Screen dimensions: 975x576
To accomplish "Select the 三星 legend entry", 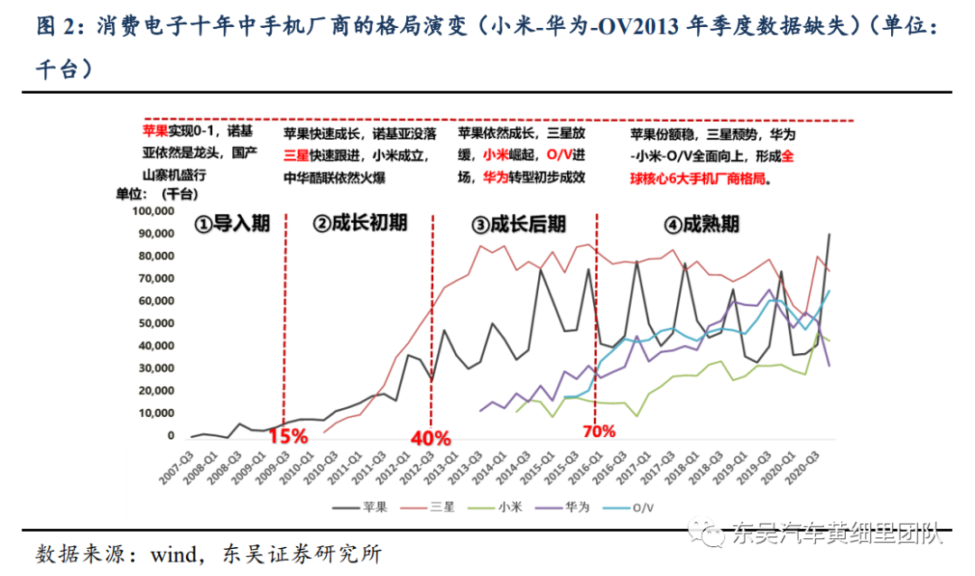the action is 428,507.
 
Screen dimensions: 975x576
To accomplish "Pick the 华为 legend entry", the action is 562,507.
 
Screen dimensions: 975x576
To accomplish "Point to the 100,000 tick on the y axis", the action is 153,211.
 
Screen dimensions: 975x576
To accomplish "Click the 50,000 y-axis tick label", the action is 156,323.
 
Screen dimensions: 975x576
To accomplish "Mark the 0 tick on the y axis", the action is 171,436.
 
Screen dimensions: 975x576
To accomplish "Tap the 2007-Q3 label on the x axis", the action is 177,469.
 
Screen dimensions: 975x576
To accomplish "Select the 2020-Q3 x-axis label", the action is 803,469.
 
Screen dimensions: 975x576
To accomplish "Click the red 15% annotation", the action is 288,436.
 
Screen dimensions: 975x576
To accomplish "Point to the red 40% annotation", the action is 431,439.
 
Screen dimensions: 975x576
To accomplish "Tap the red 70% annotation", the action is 599,431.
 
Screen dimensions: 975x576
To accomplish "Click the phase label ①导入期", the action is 232,223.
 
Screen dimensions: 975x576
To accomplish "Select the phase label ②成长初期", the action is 360,223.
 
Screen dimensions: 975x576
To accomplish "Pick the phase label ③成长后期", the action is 519,224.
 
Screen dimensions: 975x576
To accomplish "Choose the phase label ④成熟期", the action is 702,224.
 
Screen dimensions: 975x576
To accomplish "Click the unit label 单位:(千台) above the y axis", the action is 157,194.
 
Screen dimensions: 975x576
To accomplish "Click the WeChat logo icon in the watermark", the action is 706,532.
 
